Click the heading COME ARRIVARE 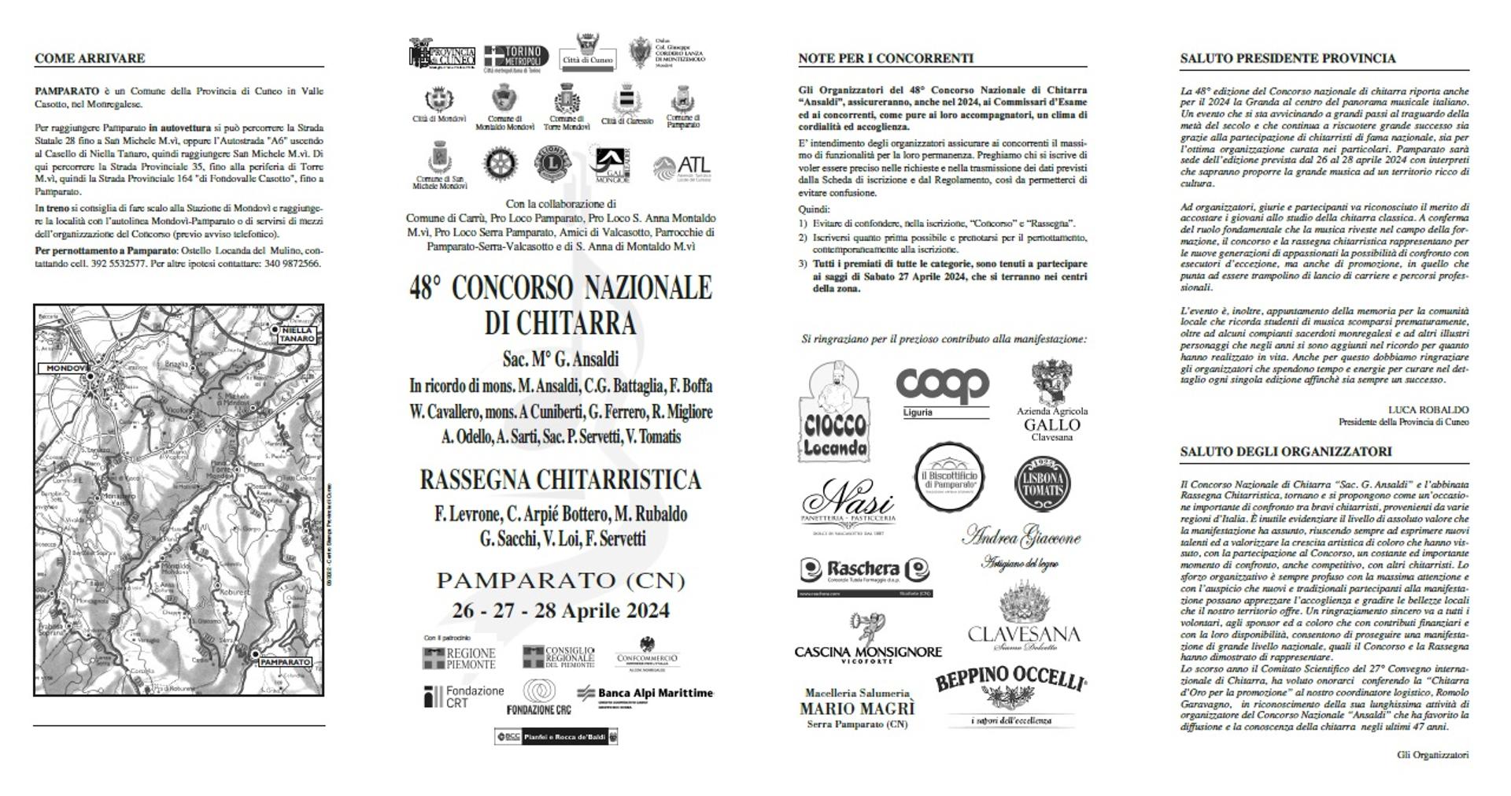click(x=90, y=58)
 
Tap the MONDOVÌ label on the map click(x=65, y=368)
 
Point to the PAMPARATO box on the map click(x=284, y=662)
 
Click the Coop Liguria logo click(x=942, y=392)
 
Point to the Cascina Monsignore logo click(x=867, y=639)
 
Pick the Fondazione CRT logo click(x=464, y=696)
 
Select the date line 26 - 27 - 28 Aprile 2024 click(x=560, y=610)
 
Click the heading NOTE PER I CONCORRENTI click(x=885, y=58)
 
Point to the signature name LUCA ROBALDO click(x=1428, y=409)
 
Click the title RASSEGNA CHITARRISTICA click(x=560, y=479)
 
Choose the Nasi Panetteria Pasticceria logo click(x=848, y=507)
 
